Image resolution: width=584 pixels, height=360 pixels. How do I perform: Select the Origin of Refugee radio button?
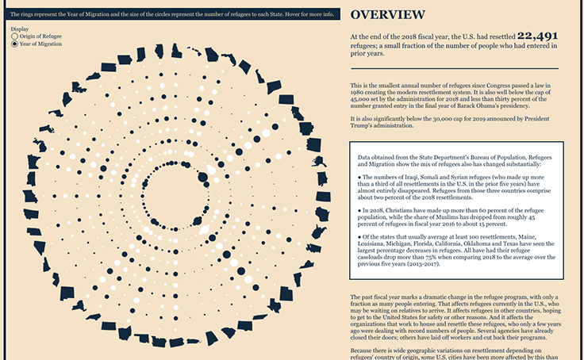point(14,36)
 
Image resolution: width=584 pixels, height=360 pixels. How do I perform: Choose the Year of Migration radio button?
point(14,44)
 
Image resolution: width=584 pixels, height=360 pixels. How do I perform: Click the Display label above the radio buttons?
point(20,29)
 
